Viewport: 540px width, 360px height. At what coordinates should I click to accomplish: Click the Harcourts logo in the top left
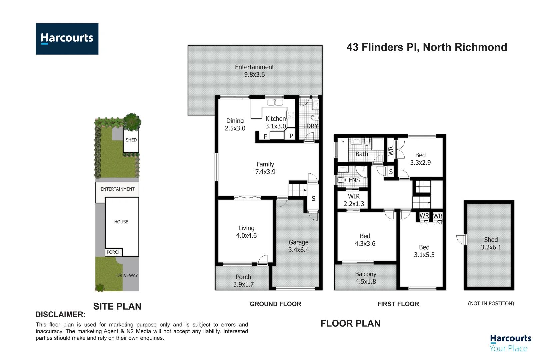pyautogui.click(x=67, y=39)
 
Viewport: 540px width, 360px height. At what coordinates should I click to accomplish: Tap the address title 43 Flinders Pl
pyautogui.click(x=426, y=47)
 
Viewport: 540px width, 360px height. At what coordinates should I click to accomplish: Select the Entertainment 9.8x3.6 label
pyautogui.click(x=254, y=71)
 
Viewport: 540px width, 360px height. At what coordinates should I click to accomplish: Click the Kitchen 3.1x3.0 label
pyautogui.click(x=276, y=122)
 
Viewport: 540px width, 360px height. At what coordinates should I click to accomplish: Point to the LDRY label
pyautogui.click(x=310, y=126)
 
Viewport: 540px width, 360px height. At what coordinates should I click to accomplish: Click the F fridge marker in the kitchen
pyautogui.click(x=265, y=136)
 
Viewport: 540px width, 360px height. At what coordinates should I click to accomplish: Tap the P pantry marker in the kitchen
pyautogui.click(x=291, y=136)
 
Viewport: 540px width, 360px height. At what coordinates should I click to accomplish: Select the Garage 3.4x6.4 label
pyautogui.click(x=298, y=246)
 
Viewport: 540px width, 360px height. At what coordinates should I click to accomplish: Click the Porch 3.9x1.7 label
pyautogui.click(x=243, y=281)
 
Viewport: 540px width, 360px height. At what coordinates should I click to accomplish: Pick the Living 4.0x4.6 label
pyautogui.click(x=246, y=232)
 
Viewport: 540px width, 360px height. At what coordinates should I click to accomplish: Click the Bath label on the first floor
pyautogui.click(x=362, y=154)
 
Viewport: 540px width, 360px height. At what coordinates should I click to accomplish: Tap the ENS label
pyautogui.click(x=354, y=180)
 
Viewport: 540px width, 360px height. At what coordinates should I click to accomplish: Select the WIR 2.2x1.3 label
pyautogui.click(x=354, y=200)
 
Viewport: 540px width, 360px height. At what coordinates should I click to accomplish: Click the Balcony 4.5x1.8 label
pyautogui.click(x=366, y=278)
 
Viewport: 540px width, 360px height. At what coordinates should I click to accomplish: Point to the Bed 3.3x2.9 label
pyautogui.click(x=420, y=159)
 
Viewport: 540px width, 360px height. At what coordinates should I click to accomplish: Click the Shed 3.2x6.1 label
pyautogui.click(x=491, y=243)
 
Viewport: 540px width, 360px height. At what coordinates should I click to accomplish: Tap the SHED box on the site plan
pyautogui.click(x=131, y=140)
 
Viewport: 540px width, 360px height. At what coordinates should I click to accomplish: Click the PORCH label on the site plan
pyautogui.click(x=114, y=252)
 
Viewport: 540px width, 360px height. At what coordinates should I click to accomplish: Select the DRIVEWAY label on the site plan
pyautogui.click(x=127, y=275)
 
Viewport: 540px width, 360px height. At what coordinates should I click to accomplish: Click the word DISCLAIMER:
pyautogui.click(x=60, y=314)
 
